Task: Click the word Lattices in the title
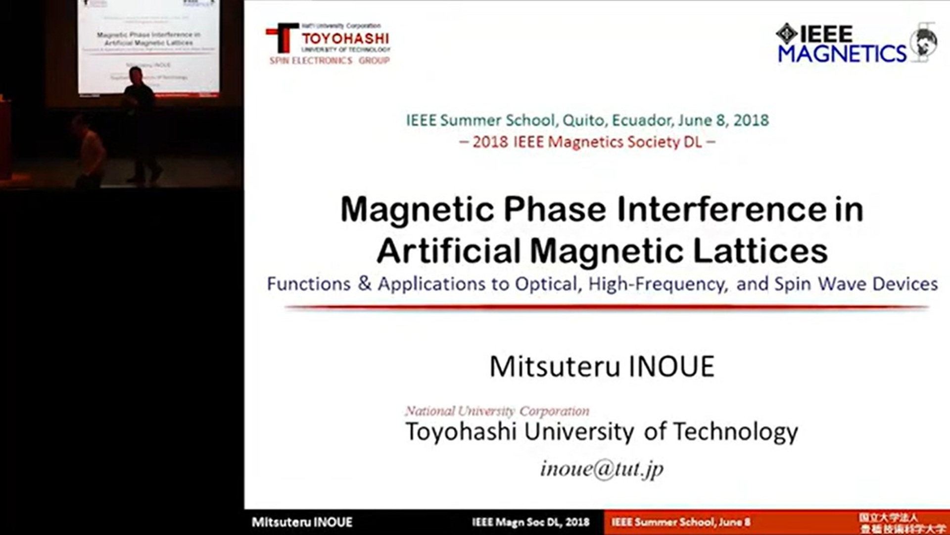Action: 760,251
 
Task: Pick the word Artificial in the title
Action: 448,251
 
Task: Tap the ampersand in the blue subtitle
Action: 365,283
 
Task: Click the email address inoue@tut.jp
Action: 602,469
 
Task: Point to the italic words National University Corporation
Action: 497,411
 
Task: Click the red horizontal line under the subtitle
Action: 606,308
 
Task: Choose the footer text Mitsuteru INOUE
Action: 302,522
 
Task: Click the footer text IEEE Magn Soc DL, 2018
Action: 530,522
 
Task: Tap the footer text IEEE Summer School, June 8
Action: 681,522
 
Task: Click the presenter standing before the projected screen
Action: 139,124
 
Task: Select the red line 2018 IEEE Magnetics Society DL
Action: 587,142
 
